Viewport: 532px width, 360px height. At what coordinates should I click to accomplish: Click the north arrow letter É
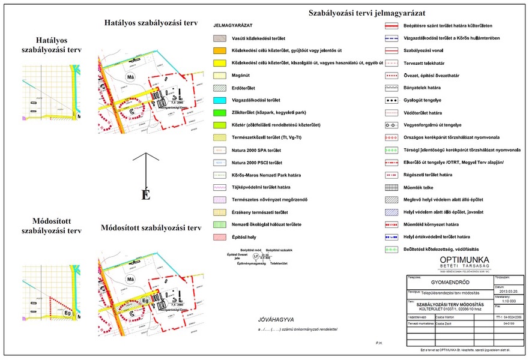(145, 195)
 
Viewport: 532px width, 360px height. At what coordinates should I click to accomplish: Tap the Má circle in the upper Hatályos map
(130, 78)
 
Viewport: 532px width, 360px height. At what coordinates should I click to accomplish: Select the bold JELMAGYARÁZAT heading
(232, 26)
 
